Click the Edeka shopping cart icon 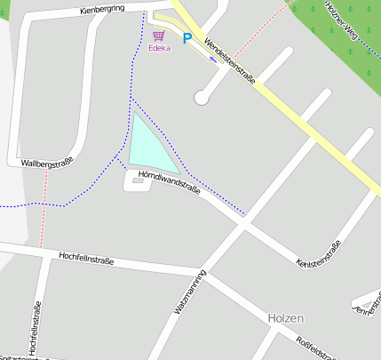159,36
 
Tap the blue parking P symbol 187,38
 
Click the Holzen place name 286,317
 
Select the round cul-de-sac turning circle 202,98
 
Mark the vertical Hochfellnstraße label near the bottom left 37,329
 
